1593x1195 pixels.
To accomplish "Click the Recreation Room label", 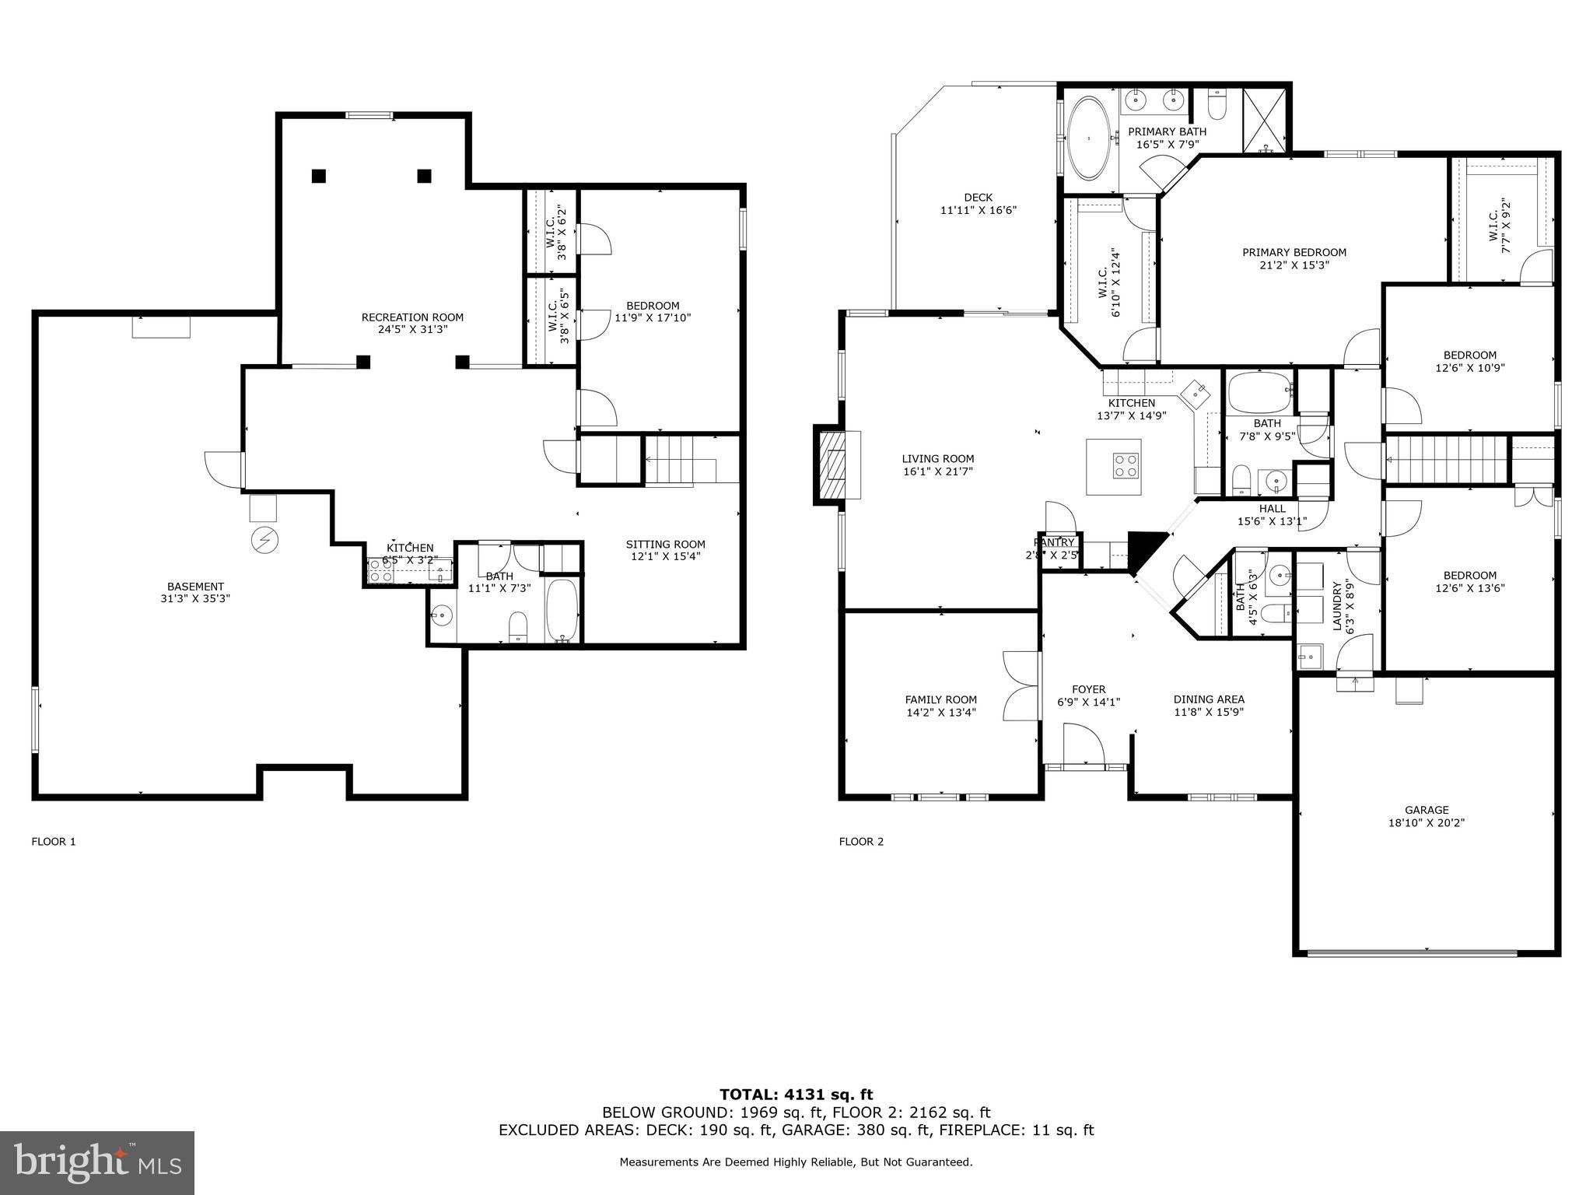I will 412,317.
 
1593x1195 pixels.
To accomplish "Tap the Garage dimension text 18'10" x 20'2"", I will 1427,822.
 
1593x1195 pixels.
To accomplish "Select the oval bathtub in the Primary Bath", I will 1089,139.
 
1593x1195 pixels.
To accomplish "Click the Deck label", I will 978,198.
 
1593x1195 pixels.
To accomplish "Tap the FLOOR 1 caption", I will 54,841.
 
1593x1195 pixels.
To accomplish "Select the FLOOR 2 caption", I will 861,841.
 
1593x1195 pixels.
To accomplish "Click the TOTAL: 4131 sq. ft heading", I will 796,1095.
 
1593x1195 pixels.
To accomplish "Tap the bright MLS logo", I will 97,1162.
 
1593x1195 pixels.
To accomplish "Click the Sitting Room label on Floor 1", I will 666,545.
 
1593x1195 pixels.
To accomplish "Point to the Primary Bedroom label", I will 1294,252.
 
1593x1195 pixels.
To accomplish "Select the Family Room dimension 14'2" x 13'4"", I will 940,712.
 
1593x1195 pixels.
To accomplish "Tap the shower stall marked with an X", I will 1266,120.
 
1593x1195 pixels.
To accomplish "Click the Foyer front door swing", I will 1082,743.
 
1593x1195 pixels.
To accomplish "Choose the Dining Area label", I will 1209,699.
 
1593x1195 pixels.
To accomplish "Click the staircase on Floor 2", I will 1447,460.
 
